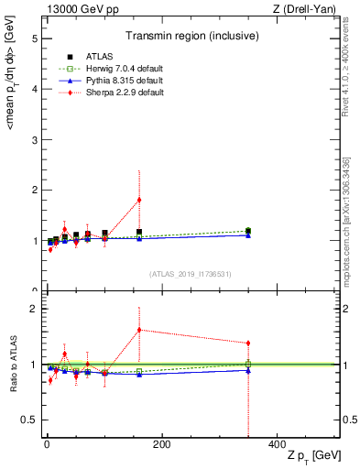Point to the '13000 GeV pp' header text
[x=79, y=9]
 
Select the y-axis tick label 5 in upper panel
[x=34, y=39]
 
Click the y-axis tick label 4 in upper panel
[x=34, y=90]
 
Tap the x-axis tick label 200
[x=161, y=445]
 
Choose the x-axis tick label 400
[x=277, y=445]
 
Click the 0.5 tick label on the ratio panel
[x=29, y=420]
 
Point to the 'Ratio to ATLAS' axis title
[x=11, y=364]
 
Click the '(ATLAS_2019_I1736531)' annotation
[x=191, y=274]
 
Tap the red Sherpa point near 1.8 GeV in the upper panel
[x=139, y=200]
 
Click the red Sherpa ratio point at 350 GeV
[x=248, y=344]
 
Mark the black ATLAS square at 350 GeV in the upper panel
[x=248, y=231]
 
